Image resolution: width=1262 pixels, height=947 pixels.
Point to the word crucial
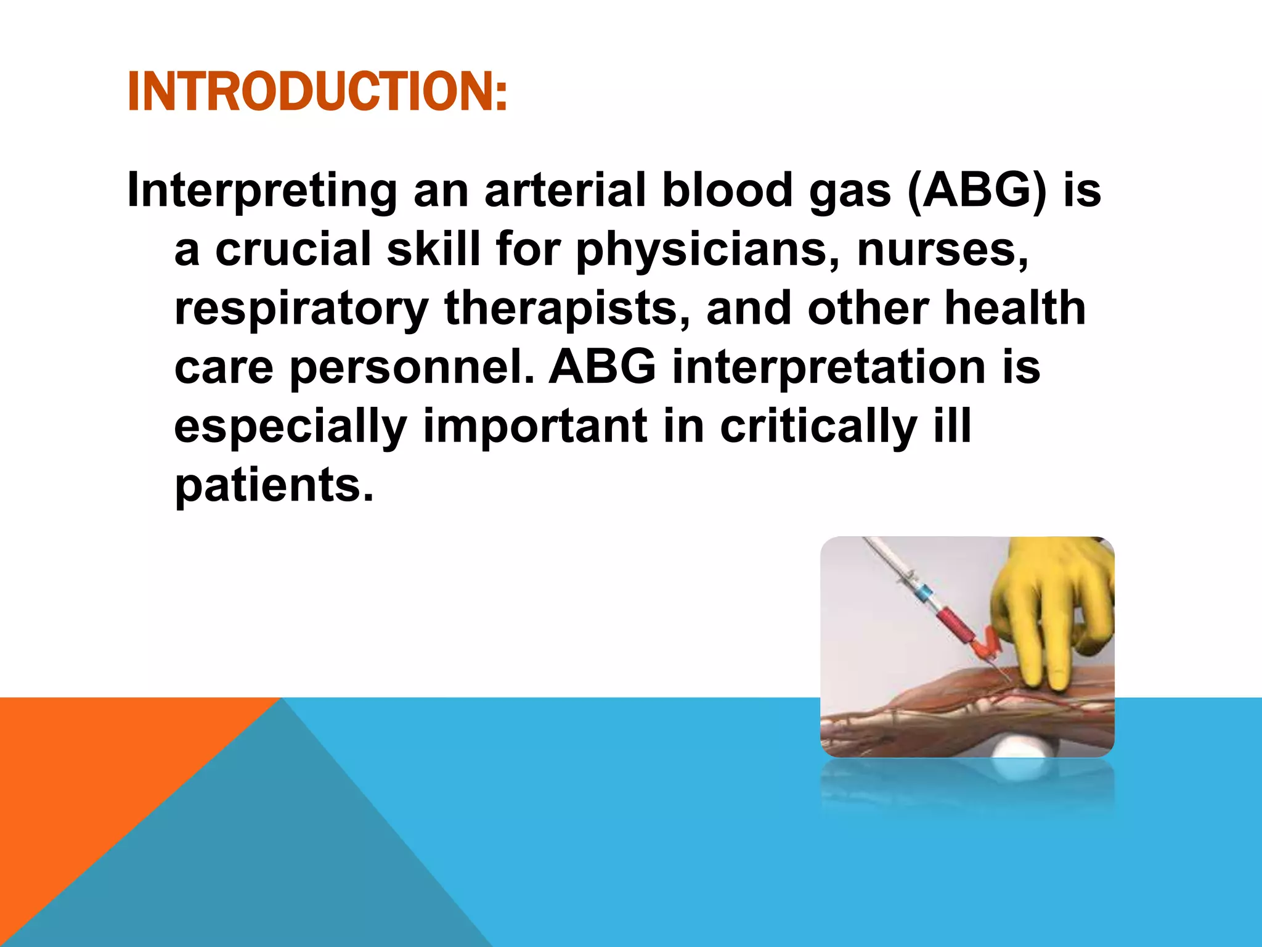pos(293,249)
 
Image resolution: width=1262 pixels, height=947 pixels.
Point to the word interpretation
pos(829,367)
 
